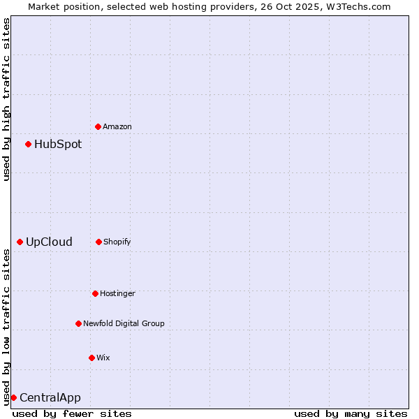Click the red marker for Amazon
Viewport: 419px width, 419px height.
click(x=98, y=126)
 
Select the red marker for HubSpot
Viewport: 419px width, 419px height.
click(x=29, y=144)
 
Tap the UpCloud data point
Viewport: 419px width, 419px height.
click(x=20, y=242)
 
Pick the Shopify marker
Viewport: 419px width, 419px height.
click(x=98, y=242)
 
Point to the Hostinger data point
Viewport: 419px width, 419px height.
click(x=95, y=293)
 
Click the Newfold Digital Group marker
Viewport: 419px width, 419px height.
click(x=78, y=323)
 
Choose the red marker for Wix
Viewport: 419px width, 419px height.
click(x=91, y=358)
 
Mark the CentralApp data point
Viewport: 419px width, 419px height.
click(x=13, y=397)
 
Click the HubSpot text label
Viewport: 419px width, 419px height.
click(x=58, y=145)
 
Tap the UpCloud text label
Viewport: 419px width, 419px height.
click(x=49, y=242)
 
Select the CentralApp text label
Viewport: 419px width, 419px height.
click(x=50, y=398)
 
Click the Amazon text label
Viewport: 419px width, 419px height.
click(x=117, y=127)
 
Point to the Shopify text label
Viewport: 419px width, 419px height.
click(x=117, y=242)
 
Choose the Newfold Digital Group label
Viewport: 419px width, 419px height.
click(x=124, y=324)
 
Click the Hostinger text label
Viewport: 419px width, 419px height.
click(x=117, y=294)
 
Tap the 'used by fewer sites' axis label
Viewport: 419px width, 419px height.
click(x=72, y=413)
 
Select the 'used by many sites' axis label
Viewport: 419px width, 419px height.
click(x=351, y=413)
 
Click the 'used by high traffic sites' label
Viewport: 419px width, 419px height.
click(x=6, y=99)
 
